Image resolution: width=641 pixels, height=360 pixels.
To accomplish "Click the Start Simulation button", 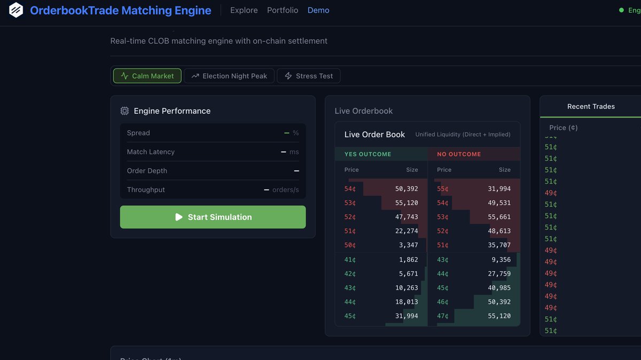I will pos(213,217).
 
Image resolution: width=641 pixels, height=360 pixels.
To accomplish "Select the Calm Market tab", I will pos(147,76).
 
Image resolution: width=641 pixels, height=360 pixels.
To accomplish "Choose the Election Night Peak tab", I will pos(229,76).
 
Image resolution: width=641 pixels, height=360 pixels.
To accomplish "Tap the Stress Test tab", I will pos(309,76).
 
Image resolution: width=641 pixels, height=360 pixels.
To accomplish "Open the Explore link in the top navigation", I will pos(244,10).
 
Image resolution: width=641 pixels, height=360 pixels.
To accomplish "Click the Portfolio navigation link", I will pos(283,10).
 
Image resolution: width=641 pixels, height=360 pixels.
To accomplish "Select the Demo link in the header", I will pos(318,10).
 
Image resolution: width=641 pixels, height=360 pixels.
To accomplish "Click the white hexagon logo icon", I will pos(16,10).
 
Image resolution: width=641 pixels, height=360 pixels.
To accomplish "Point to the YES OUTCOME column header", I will pos(368,154).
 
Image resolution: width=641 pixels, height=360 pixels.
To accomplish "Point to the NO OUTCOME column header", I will pos(459,154).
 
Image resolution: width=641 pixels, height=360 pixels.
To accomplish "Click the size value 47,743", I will pos(407,217).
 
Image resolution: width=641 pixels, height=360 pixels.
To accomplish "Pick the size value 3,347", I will pos(408,245).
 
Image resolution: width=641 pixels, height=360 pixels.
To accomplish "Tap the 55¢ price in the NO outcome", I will pos(442,189).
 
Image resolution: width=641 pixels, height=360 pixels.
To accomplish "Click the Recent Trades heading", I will pos(591,106).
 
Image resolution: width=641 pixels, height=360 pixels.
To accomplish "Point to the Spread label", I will pos(138,133).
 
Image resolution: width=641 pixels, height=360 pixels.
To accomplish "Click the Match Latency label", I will pos(151,152).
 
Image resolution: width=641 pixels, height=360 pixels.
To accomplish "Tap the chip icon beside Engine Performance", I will pos(124,111).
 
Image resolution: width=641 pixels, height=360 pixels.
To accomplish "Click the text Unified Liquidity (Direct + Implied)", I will pos(463,135).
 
